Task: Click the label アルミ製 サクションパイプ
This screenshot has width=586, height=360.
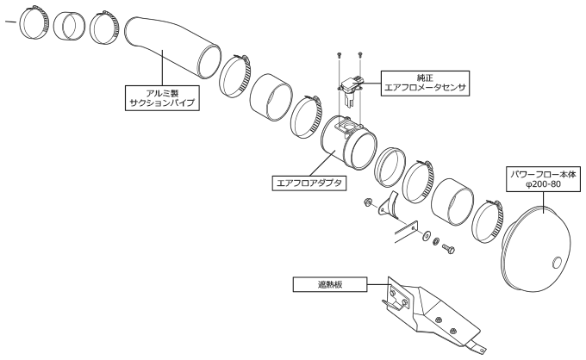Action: coord(162,98)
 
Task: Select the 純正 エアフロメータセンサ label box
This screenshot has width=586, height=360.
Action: coord(425,84)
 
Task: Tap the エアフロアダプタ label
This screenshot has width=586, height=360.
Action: coord(309,183)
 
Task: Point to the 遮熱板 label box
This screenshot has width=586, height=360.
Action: coord(330,284)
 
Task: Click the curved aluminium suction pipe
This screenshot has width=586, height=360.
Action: coord(172,48)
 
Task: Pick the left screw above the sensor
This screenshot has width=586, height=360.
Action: coord(340,55)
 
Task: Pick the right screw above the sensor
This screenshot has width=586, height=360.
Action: coord(360,55)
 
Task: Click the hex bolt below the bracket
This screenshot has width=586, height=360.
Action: coord(448,248)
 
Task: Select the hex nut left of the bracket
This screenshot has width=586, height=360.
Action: coord(367,202)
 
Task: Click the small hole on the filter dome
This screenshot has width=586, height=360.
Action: coord(557,262)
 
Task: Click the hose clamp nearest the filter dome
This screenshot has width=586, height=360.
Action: coord(488,221)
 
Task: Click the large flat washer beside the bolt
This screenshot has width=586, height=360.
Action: coord(426,236)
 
